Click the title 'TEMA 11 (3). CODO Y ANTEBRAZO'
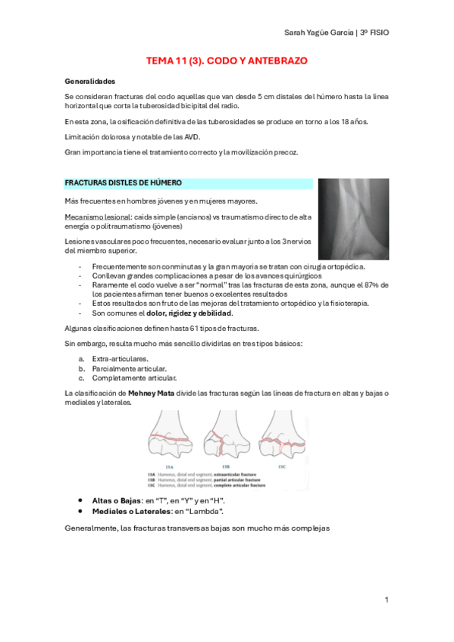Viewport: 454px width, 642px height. click(x=227, y=61)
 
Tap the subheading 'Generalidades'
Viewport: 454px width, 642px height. click(x=90, y=81)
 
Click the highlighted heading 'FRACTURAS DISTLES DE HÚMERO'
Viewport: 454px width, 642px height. click(x=123, y=183)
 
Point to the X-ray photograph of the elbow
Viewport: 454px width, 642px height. click(x=352, y=219)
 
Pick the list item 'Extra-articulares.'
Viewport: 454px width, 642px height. click(x=120, y=358)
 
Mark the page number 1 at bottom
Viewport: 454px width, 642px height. click(x=386, y=600)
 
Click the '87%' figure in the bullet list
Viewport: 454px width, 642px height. click(x=372, y=285)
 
